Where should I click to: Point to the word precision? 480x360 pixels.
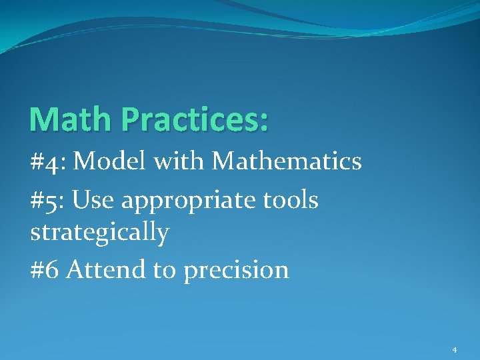click(x=236, y=271)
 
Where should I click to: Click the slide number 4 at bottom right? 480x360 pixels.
click(x=455, y=349)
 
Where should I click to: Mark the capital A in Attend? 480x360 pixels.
click(x=75, y=269)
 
